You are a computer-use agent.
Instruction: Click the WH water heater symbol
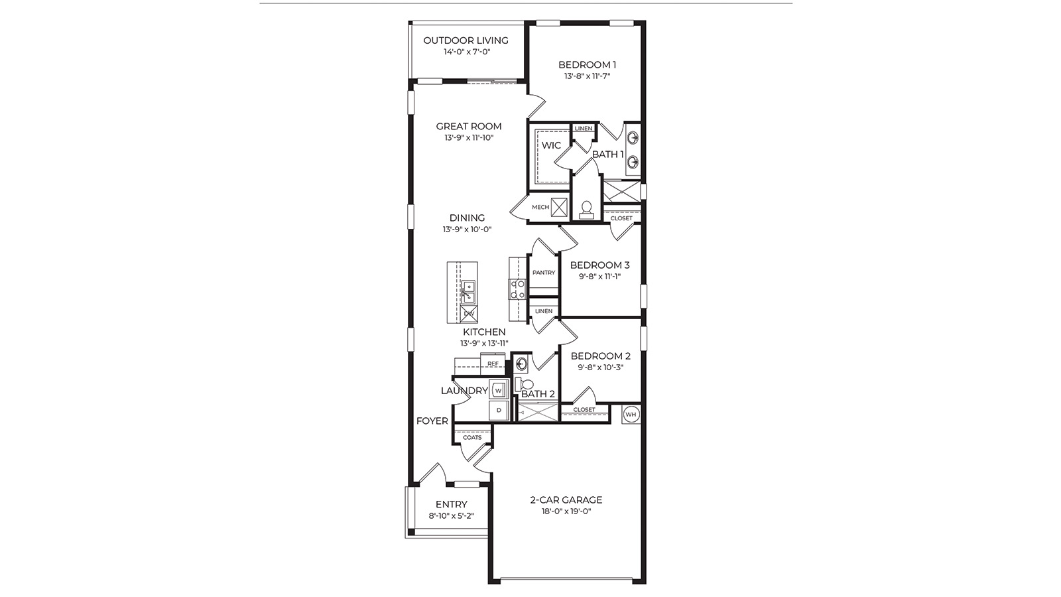click(631, 415)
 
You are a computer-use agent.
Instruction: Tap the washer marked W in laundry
click(498, 390)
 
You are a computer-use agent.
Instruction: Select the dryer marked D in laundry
click(498, 411)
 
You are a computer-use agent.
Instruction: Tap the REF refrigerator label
click(493, 364)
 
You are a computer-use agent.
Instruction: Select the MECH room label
click(540, 207)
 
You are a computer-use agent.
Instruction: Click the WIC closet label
click(551, 145)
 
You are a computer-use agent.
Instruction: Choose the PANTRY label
click(544, 273)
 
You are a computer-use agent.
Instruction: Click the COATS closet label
click(472, 437)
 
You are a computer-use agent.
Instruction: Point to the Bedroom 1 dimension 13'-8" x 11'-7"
click(587, 76)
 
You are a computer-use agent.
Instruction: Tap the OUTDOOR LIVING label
click(466, 40)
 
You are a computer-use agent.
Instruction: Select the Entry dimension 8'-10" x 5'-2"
click(452, 515)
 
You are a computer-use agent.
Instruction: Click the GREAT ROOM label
click(469, 126)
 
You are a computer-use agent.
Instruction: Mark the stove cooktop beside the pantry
click(517, 289)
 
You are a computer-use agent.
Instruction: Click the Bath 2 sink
click(521, 364)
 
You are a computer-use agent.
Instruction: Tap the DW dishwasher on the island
click(469, 313)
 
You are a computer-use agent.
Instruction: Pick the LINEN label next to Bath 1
click(584, 129)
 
